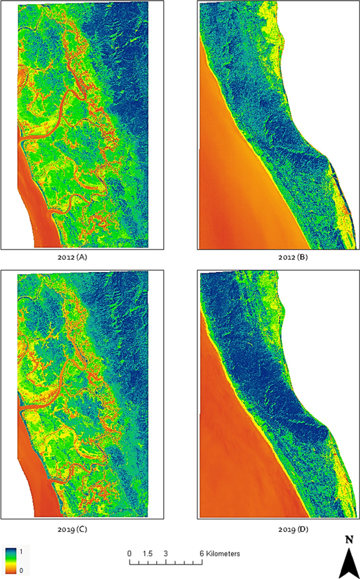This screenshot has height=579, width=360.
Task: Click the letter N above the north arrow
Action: [349, 539]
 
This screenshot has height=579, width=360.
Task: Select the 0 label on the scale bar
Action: [129, 553]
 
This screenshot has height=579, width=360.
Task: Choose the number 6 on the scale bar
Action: [202, 553]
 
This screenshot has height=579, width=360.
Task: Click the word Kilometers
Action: [224, 553]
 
